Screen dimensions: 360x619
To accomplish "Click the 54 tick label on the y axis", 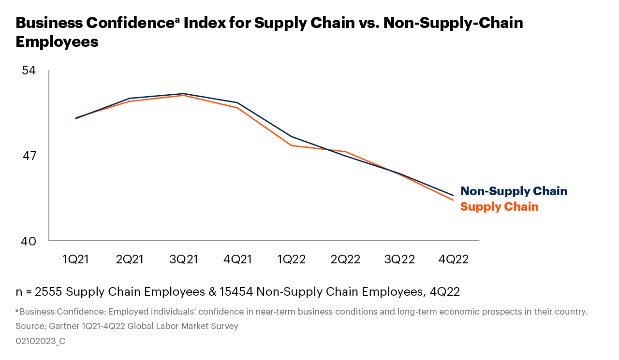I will [x=29, y=71].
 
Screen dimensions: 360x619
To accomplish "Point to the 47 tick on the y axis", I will [x=29, y=156].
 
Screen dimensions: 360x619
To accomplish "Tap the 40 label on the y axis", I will [x=29, y=241].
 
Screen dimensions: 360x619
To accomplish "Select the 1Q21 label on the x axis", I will [x=75, y=259].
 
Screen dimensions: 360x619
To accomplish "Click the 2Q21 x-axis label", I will [x=130, y=259].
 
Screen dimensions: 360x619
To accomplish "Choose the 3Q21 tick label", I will [x=183, y=259].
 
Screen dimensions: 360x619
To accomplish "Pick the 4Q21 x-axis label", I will [x=237, y=259].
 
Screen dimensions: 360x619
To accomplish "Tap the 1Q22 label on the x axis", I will [x=291, y=259].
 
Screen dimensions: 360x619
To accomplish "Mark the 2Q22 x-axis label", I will [x=345, y=259].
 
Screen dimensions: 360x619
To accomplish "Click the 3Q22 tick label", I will [x=399, y=259].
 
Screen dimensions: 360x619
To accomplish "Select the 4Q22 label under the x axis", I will [x=453, y=259].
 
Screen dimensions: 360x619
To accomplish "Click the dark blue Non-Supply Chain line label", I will [x=514, y=191].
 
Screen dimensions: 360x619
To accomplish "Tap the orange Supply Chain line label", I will [x=499, y=207].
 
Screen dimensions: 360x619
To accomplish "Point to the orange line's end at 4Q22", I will [x=453, y=200].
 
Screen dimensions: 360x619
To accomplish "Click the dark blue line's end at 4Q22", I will [x=453, y=195].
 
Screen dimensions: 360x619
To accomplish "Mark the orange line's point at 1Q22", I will [x=291, y=145].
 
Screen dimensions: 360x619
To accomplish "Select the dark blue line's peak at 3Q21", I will [x=183, y=94].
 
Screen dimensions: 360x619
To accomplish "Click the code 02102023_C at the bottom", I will [x=41, y=341].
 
